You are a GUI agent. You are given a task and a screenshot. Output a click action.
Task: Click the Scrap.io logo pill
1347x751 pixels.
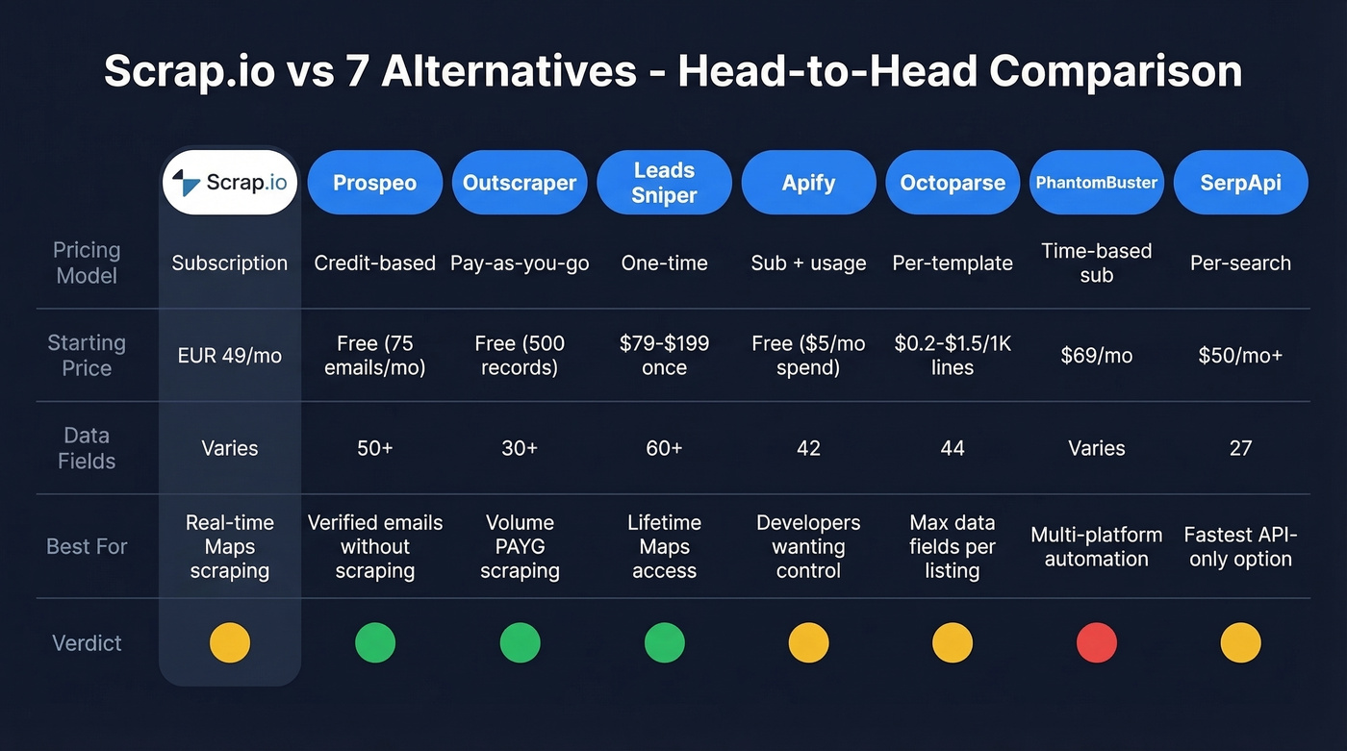pos(230,182)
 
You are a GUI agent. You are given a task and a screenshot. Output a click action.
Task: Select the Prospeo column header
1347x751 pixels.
pos(374,183)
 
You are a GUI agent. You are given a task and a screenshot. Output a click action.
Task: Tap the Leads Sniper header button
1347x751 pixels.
pos(664,183)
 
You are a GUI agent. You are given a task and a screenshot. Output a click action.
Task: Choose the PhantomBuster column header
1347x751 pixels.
pos(1096,183)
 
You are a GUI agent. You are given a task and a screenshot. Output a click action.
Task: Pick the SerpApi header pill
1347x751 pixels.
pos(1240,183)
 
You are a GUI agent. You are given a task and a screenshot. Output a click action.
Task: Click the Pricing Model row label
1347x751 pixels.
pos(87,263)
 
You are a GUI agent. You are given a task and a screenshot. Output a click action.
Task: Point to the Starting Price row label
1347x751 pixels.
pos(87,355)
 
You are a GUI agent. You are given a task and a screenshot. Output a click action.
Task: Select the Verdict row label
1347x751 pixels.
pos(87,643)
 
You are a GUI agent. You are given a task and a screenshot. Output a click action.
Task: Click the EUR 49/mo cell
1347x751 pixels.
pos(230,356)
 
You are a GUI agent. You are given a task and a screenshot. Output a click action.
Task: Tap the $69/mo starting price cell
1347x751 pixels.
pos(1096,356)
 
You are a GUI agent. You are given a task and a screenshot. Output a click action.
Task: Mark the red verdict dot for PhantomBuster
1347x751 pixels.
pos(1096,642)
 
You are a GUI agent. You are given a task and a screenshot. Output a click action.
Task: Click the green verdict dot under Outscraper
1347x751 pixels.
pos(520,642)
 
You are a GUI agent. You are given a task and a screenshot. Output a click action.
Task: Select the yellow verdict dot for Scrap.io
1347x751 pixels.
pos(230,642)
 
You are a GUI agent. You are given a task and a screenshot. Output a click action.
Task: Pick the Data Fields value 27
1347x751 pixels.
pos(1240,448)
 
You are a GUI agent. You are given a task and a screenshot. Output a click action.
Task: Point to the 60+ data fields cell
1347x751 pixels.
pos(664,448)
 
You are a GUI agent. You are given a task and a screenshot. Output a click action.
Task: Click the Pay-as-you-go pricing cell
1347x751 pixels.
pos(520,263)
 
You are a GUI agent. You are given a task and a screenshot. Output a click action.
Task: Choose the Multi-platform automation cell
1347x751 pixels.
pos(1096,546)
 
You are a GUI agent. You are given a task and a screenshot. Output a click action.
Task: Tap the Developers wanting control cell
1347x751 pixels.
pos(808,546)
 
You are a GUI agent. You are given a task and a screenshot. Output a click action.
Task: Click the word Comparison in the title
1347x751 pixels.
pos(1115,72)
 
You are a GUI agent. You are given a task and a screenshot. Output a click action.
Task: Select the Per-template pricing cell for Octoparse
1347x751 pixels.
pos(953,263)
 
